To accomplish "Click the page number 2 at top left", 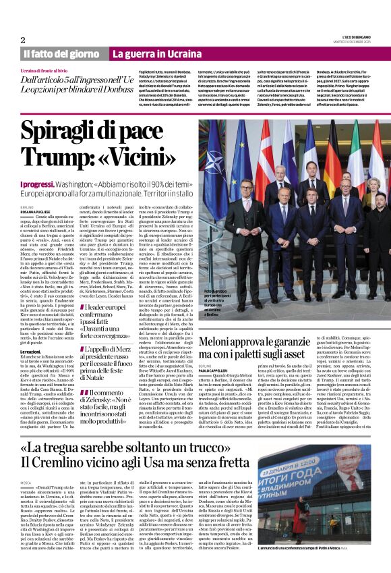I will pyautogui.click(x=23, y=40).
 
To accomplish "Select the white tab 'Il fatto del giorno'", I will pyautogui.click(x=62, y=53).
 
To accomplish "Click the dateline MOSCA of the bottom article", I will pyautogui.click(x=26, y=483).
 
